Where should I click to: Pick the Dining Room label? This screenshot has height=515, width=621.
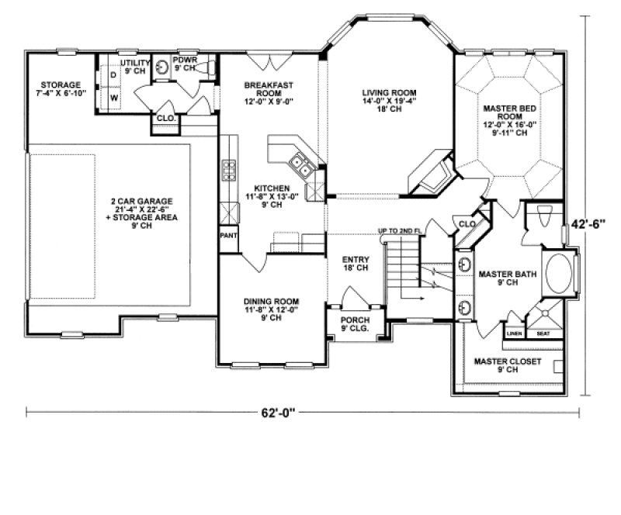click(272, 306)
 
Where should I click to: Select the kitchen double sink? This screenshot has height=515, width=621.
click(303, 164)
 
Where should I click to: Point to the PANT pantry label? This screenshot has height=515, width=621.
click(228, 233)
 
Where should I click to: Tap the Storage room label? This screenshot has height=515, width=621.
click(59, 88)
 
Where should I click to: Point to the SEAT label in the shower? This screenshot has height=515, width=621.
click(543, 334)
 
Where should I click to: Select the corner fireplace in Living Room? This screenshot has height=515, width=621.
click(430, 175)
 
